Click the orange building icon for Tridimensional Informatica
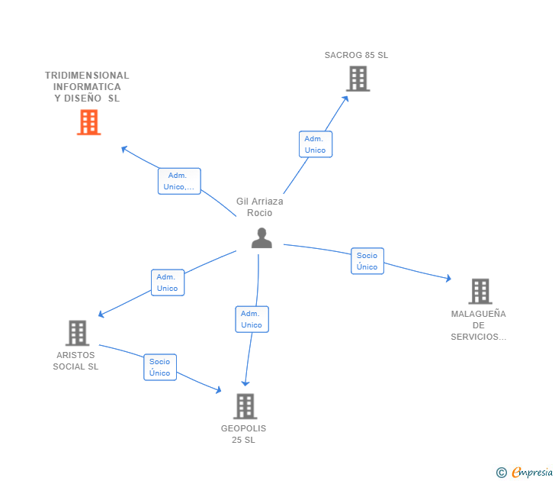point(88,122)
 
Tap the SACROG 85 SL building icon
point(357,79)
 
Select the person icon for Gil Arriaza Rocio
point(261,238)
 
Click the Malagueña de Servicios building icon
point(480,291)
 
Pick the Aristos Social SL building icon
point(77,333)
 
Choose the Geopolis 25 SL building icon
point(244,406)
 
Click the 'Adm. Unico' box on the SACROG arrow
point(315,144)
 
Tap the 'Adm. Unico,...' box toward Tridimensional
point(179,181)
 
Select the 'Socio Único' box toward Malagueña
point(367,261)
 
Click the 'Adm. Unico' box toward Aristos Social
point(167,282)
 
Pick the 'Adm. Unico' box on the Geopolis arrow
point(252,319)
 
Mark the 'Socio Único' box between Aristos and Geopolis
point(160,367)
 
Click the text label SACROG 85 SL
point(356,55)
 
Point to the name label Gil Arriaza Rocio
point(260,207)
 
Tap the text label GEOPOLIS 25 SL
point(244,434)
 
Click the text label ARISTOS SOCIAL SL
point(75,360)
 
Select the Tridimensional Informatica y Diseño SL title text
point(87,86)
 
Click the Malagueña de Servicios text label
point(478,325)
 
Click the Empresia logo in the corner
point(532,473)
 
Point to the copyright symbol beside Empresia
point(502,473)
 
